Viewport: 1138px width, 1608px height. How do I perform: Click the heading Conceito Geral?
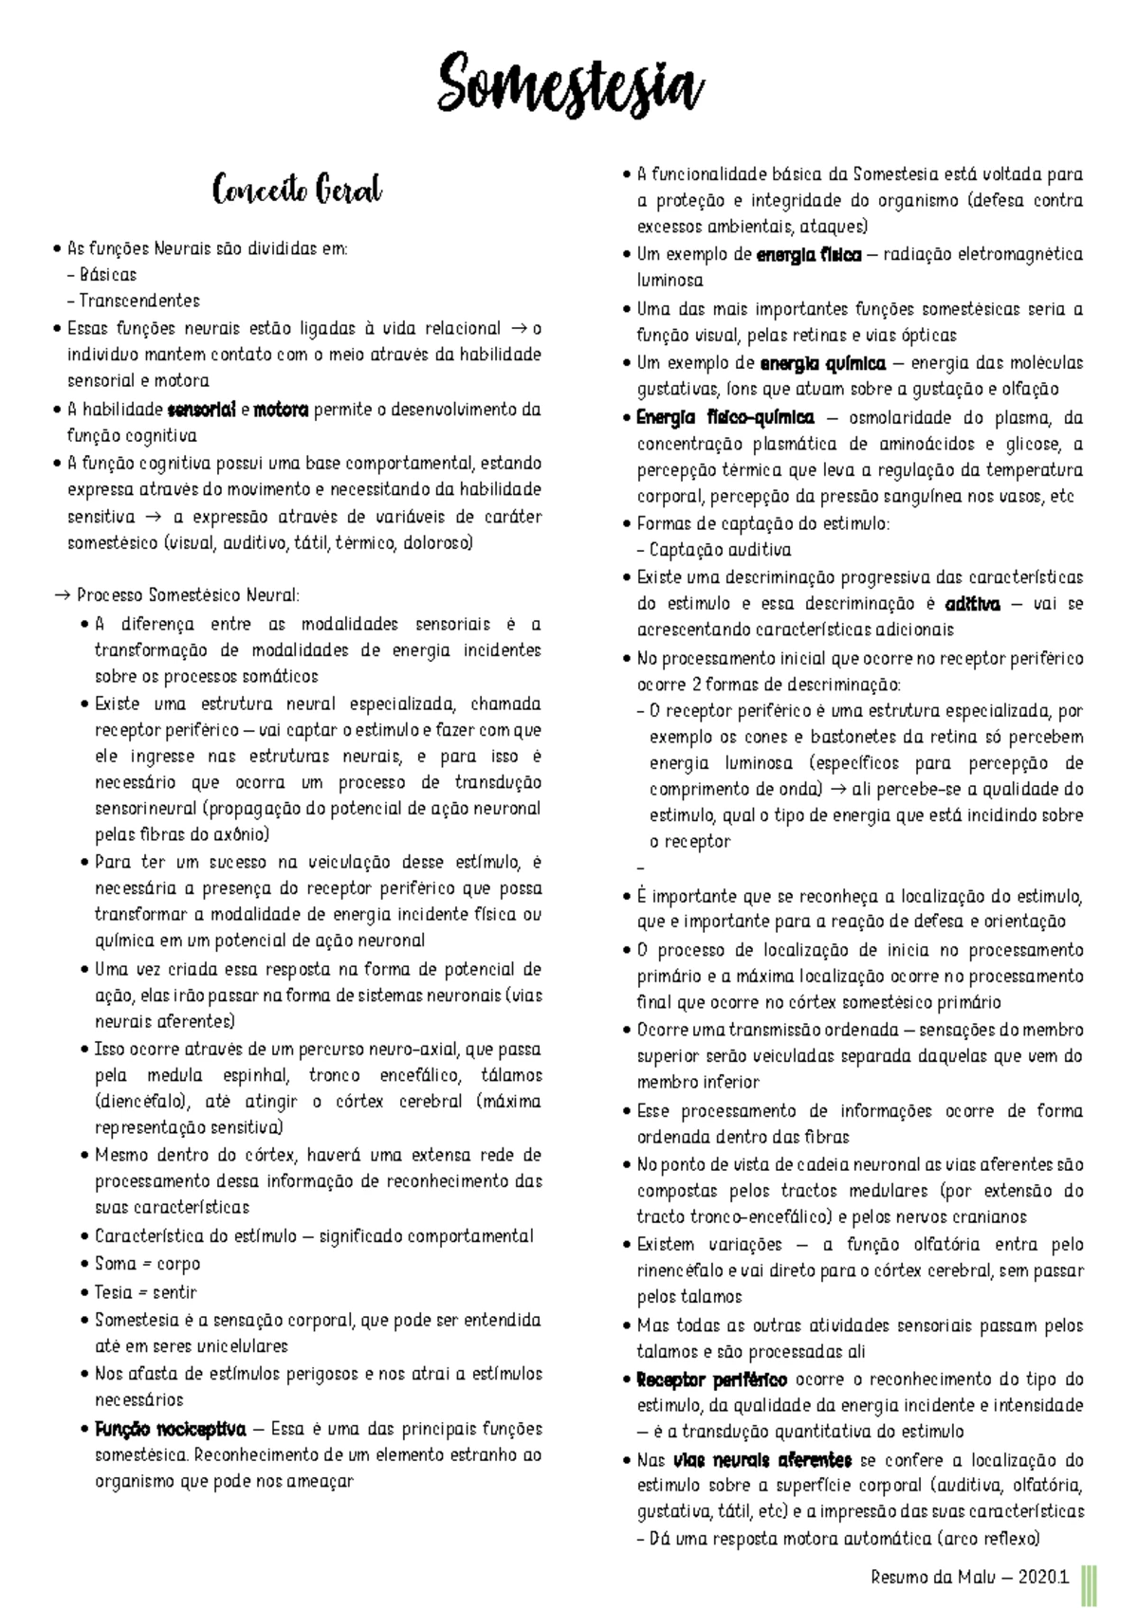pos(297,191)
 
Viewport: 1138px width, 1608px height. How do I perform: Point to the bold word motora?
pos(282,411)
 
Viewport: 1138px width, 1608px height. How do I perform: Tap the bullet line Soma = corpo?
pos(147,1264)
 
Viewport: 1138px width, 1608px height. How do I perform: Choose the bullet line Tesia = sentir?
pos(145,1292)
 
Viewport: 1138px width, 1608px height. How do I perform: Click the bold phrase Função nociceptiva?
pos(170,1429)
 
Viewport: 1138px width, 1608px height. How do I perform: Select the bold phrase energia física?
pos(809,255)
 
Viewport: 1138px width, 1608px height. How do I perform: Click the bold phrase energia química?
pos(822,363)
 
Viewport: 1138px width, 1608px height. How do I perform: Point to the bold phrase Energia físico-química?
pos(725,418)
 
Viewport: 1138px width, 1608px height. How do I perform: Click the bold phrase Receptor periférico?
pos(711,1380)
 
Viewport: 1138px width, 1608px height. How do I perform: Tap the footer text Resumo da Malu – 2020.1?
pos(969,1578)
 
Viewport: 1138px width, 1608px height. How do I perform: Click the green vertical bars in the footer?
pos(1091,1580)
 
